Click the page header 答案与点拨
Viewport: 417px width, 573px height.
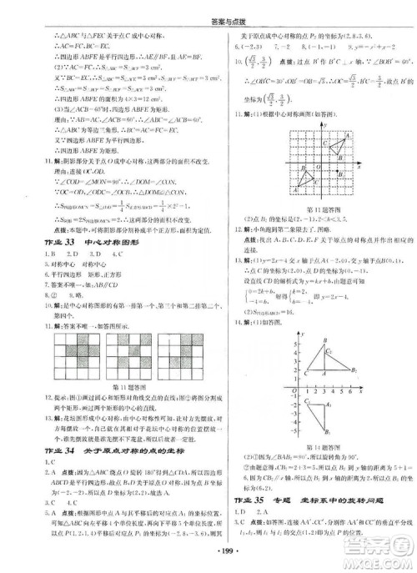point(208,8)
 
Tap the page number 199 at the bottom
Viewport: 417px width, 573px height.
point(208,557)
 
